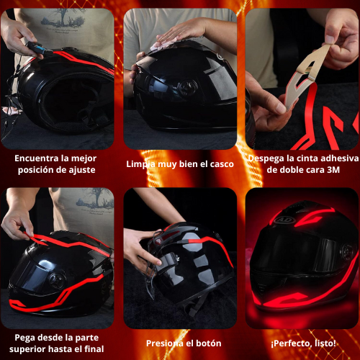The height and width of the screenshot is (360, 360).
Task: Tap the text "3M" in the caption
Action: click(x=333, y=170)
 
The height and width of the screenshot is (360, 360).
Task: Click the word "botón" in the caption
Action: click(x=209, y=343)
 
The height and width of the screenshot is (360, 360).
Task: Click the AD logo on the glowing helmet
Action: click(x=287, y=220)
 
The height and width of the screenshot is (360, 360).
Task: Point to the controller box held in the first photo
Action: click(x=37, y=48)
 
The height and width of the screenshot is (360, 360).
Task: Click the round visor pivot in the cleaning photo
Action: click(x=188, y=88)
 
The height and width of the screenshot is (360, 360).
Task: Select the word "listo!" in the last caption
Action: click(x=325, y=343)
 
